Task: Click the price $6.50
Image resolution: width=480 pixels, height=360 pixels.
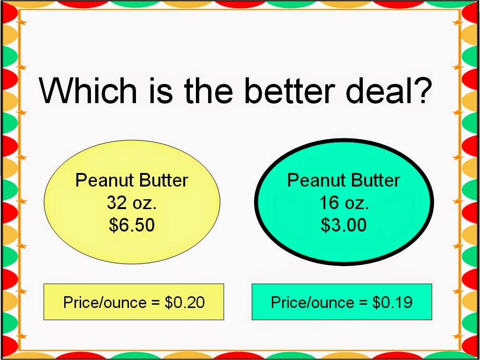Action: click(x=132, y=225)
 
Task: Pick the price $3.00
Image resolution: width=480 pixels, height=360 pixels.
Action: click(x=344, y=225)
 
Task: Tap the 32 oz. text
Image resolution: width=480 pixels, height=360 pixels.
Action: click(x=132, y=202)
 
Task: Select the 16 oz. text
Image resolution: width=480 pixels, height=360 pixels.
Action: click(x=344, y=202)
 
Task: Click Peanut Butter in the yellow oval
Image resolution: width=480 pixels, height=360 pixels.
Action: click(x=132, y=180)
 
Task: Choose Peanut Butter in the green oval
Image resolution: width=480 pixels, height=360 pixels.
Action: click(x=344, y=180)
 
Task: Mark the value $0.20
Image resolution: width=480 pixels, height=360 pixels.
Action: click(x=185, y=302)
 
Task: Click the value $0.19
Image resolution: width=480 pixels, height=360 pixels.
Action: click(x=392, y=302)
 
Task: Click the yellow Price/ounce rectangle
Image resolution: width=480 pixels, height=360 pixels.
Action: click(x=134, y=302)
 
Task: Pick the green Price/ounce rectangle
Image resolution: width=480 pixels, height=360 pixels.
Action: click(x=342, y=302)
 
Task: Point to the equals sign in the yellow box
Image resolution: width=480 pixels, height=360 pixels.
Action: click(x=156, y=302)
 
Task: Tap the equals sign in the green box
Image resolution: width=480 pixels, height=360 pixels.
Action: click(x=363, y=302)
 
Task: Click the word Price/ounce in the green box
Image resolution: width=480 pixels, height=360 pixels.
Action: click(x=313, y=302)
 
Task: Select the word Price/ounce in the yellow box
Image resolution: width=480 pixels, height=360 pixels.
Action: click(x=105, y=302)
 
